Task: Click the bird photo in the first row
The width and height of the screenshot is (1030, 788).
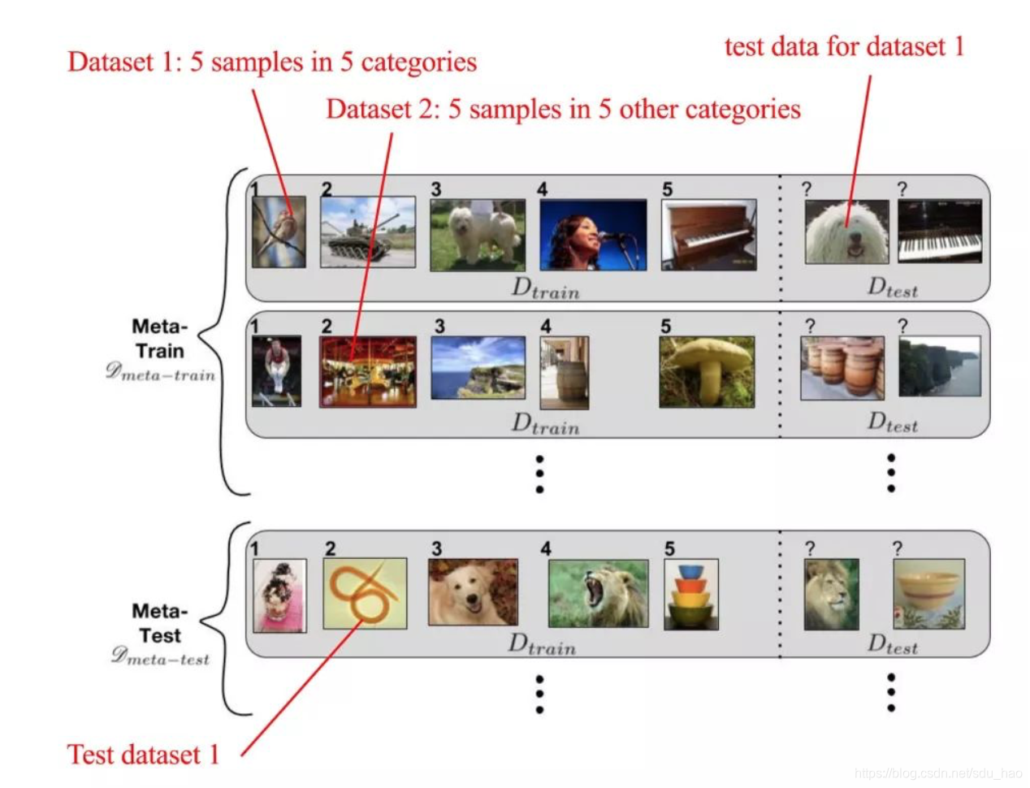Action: [279, 232]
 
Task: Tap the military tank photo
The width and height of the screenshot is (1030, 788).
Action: [367, 232]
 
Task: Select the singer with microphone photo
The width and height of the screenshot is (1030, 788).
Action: [593, 235]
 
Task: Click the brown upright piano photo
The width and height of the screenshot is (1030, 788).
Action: [708, 235]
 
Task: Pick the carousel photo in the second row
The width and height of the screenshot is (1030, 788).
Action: [367, 372]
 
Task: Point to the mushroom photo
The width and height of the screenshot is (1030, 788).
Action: [707, 371]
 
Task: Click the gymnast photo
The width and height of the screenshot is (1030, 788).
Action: [276, 370]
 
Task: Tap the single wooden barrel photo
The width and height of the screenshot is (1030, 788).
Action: [565, 373]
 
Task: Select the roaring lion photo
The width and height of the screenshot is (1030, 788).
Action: [598, 593]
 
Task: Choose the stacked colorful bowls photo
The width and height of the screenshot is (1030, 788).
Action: [690, 595]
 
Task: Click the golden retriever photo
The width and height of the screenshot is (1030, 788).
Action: [473, 592]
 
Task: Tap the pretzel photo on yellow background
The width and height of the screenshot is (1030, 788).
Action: [365, 593]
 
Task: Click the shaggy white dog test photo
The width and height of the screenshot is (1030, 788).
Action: [846, 232]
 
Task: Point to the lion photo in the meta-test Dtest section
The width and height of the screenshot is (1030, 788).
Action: [831, 594]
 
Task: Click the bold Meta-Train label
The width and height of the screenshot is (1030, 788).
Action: [160, 339]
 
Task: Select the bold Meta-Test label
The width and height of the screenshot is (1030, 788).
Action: [160, 623]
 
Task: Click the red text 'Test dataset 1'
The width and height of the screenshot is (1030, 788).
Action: [143, 755]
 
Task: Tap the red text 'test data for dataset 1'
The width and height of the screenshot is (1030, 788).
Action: [844, 47]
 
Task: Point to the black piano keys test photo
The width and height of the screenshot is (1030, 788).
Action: [939, 232]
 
